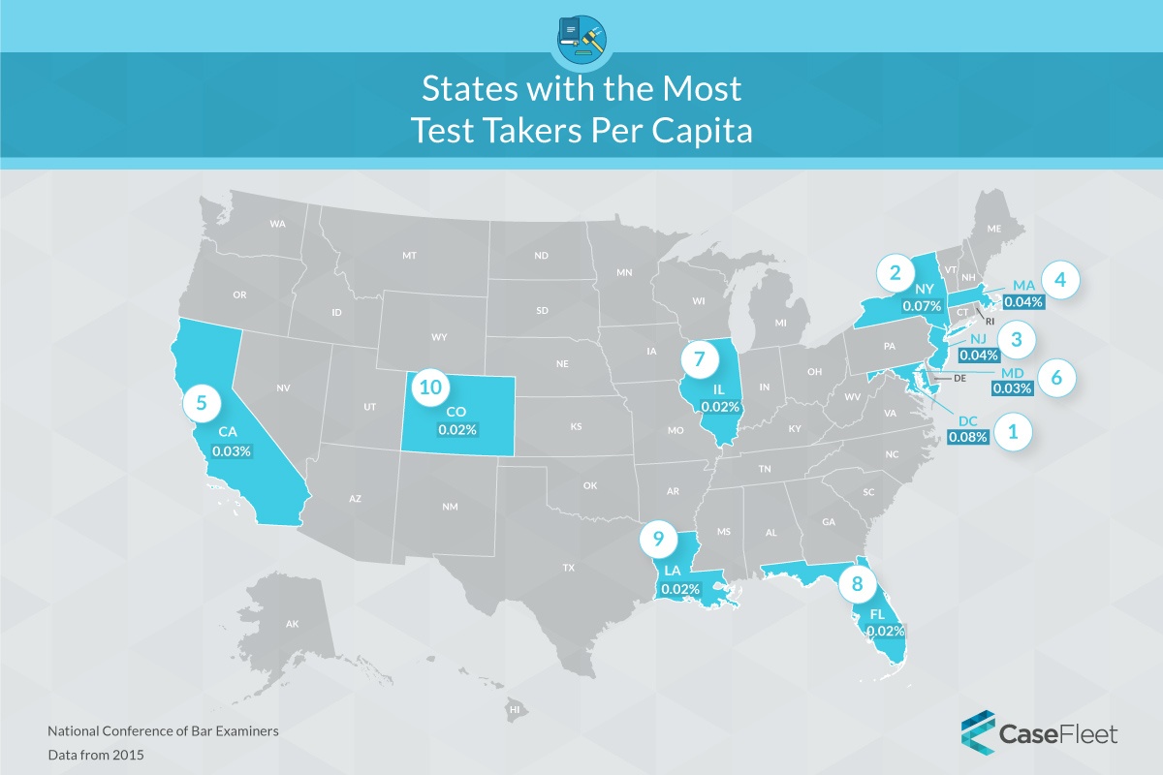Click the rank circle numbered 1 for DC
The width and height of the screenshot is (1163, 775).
1014,432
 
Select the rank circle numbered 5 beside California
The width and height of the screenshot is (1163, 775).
201,403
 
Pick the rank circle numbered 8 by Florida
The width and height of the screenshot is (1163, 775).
856,583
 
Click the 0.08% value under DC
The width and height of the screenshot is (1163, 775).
968,437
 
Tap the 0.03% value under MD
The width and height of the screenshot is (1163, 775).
1013,388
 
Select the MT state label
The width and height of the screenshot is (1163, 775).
409,255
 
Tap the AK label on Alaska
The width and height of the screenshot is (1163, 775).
292,625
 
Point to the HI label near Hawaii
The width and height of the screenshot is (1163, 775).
515,711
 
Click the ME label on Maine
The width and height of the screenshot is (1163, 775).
992,229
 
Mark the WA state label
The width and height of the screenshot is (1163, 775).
278,224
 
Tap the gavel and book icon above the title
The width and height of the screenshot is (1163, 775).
581,37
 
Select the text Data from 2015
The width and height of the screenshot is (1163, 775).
96,753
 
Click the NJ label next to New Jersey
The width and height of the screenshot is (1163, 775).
977,338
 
